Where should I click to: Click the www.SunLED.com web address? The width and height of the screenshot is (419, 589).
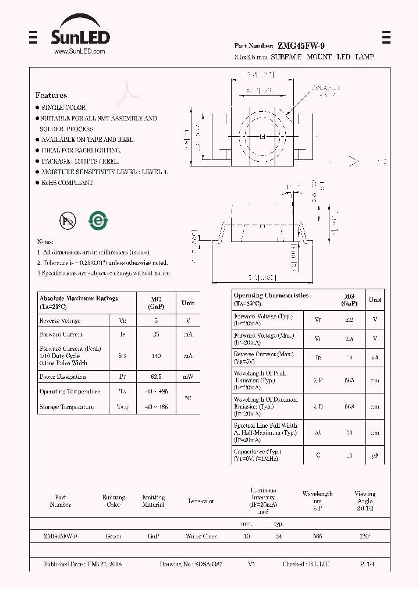tap(79, 52)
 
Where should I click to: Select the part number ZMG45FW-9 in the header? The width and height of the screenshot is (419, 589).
tap(297, 45)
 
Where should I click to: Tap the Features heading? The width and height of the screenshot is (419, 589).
tap(51, 95)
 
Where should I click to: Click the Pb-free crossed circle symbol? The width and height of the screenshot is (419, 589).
tap(68, 221)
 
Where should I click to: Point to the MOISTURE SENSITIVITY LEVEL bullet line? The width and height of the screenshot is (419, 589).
tap(104, 172)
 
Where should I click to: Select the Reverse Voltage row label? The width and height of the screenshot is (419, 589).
tap(60, 321)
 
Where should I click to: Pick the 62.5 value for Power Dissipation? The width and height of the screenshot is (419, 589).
tap(155, 377)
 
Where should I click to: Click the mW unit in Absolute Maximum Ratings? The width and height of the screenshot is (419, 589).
tap(187, 377)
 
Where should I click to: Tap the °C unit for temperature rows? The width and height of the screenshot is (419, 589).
tap(187, 399)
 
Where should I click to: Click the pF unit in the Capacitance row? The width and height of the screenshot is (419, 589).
tap(375, 455)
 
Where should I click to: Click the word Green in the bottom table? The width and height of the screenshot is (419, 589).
tap(113, 536)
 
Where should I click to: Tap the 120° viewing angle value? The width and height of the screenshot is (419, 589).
tap(365, 536)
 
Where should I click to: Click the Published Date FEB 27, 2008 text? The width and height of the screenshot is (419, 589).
tap(83, 565)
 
